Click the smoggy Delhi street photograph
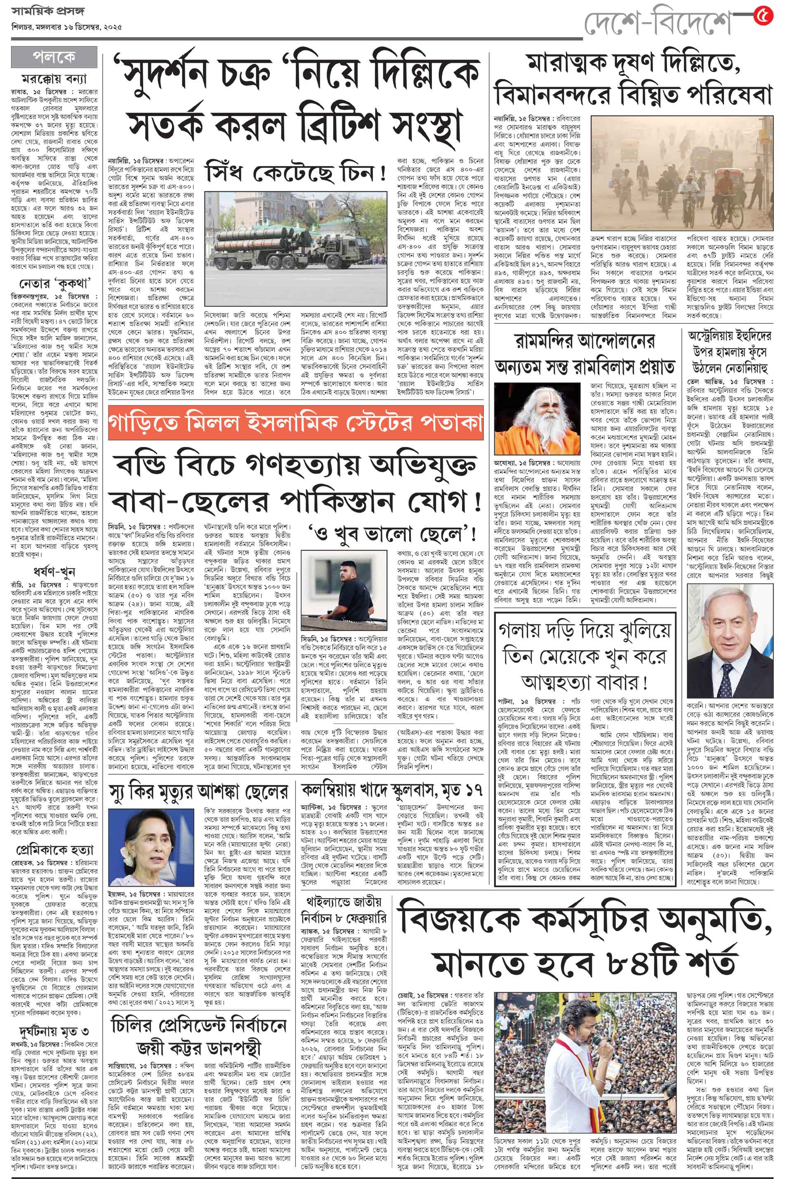click(x=681, y=173)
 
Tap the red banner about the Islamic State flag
click(x=296, y=423)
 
